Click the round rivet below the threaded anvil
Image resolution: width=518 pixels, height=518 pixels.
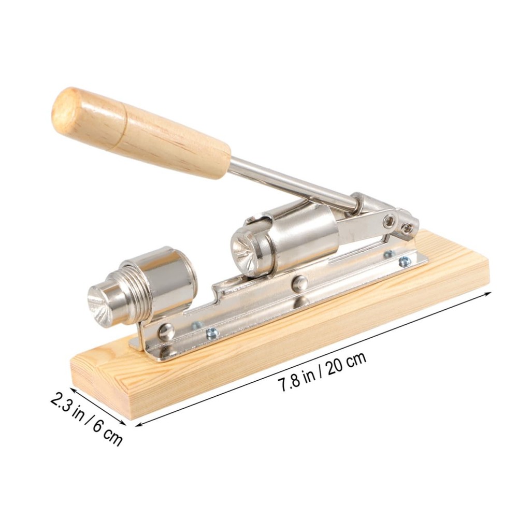166,332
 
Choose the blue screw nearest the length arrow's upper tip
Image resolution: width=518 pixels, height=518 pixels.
404,262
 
